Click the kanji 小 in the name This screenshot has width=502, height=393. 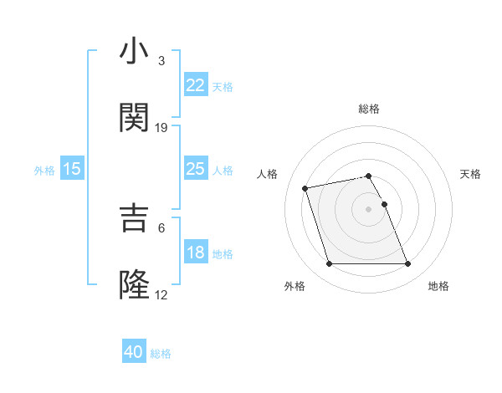pyautogui.click(x=134, y=51)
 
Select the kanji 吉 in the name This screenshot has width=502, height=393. pyautogui.click(x=134, y=218)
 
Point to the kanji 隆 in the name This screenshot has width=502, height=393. pyautogui.click(x=134, y=284)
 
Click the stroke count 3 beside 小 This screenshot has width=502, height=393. pyautogui.click(x=161, y=61)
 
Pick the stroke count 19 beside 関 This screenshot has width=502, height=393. pyautogui.click(x=161, y=127)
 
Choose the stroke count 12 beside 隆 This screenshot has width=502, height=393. pyautogui.click(x=161, y=294)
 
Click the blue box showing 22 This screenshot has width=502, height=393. pyautogui.click(x=195, y=84)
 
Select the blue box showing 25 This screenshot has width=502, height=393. pyautogui.click(x=195, y=169)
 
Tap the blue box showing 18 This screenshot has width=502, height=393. pyautogui.click(x=195, y=253)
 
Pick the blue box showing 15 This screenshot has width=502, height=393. pyautogui.click(x=72, y=169)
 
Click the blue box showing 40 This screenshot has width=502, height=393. pyautogui.click(x=134, y=353)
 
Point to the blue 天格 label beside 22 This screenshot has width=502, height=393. pyautogui.click(x=223, y=86)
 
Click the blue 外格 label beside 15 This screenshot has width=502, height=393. pyautogui.click(x=44, y=171)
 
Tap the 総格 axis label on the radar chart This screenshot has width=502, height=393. pyautogui.click(x=369, y=110)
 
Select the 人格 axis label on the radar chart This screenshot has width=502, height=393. pyautogui.click(x=269, y=174)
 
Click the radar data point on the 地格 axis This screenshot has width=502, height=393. pyautogui.click(x=407, y=264)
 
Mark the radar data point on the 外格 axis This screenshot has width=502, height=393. pyautogui.click(x=329, y=264)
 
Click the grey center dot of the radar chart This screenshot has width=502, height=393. pyautogui.click(x=369, y=208)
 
